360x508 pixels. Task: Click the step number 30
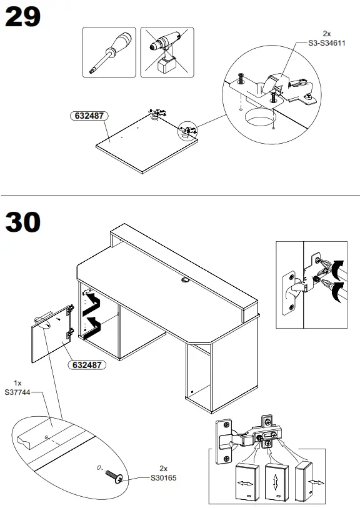point(23,222)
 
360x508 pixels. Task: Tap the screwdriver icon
point(109,52)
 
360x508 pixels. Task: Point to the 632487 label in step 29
point(88,116)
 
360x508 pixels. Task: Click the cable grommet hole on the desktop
point(186,281)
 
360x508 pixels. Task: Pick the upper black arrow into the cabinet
point(94,302)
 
